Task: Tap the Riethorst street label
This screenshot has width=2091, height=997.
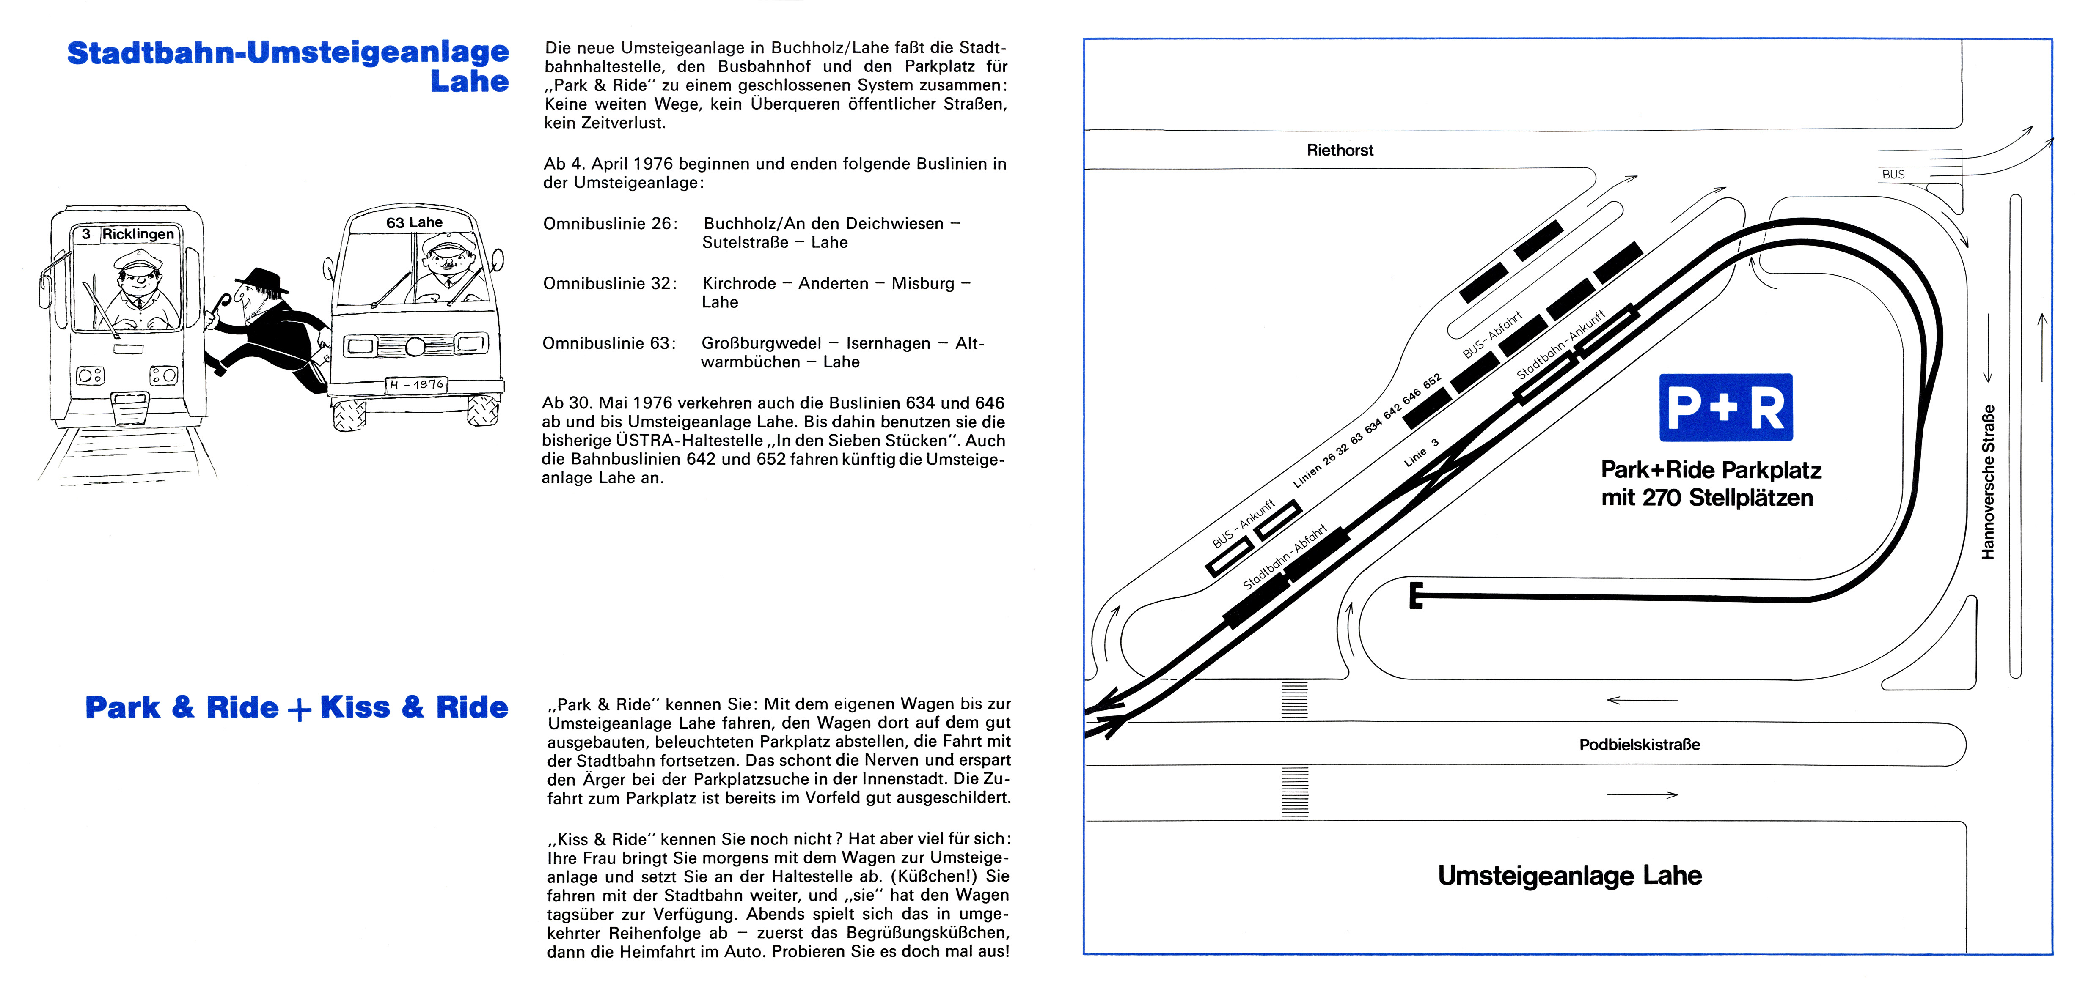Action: tap(1339, 150)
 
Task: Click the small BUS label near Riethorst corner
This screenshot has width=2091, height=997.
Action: tap(1893, 175)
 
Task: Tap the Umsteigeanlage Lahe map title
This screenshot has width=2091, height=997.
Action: tap(1569, 875)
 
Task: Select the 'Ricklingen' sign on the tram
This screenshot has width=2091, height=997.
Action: tap(138, 234)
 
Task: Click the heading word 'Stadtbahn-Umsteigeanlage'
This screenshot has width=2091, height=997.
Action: tap(288, 53)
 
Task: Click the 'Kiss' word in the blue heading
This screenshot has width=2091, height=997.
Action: tap(355, 707)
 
